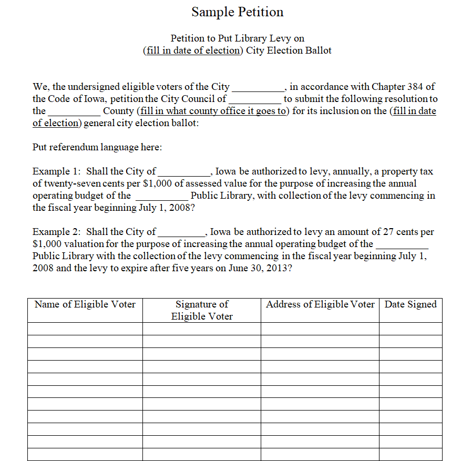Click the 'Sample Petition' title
click(237, 12)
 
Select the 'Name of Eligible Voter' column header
click(85, 304)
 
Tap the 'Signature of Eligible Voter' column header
click(202, 310)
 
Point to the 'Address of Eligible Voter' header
click(320, 304)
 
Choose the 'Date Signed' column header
click(411, 304)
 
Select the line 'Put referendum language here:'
click(97, 147)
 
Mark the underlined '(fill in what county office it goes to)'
click(213, 111)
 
